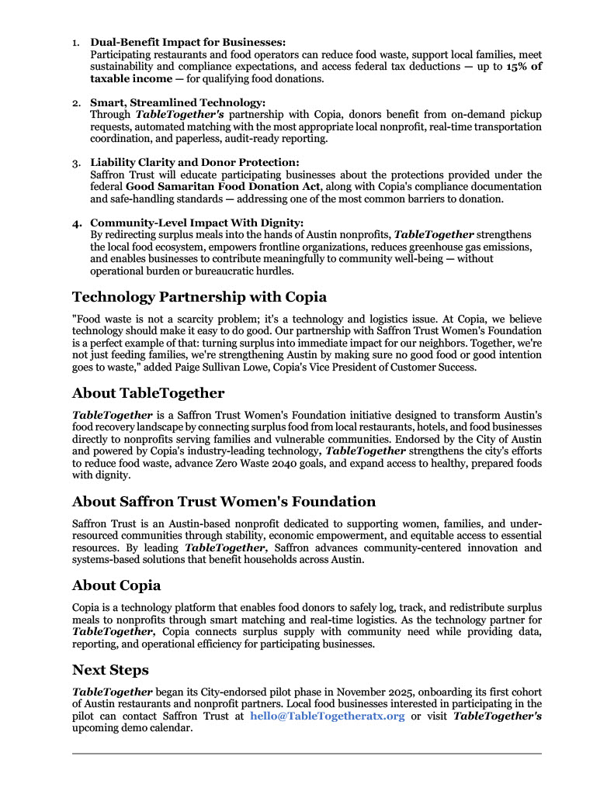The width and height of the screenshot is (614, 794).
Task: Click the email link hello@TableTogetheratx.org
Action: click(x=327, y=716)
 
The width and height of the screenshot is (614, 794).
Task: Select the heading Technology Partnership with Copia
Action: click(x=199, y=297)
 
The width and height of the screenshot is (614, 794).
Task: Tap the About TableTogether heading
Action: click(x=148, y=392)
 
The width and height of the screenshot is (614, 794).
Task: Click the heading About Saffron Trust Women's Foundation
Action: click(x=224, y=501)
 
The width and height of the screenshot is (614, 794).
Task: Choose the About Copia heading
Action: click(x=116, y=585)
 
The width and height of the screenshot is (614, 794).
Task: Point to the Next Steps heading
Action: click(x=110, y=669)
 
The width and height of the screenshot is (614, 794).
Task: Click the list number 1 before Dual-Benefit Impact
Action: click(x=76, y=43)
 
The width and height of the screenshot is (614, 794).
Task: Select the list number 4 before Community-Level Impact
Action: click(x=77, y=223)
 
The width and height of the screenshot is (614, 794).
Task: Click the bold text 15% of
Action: click(x=524, y=67)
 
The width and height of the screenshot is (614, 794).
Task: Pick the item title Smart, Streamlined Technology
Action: click(x=178, y=102)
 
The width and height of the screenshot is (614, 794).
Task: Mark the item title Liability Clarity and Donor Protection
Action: click(x=194, y=162)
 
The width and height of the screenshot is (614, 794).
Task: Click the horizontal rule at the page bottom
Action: click(x=307, y=753)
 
